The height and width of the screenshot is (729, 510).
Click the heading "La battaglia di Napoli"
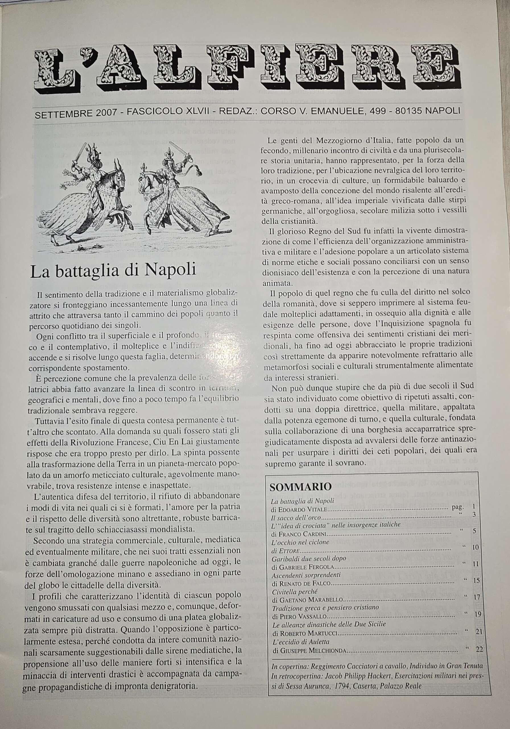(113, 272)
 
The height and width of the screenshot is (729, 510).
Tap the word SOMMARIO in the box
(296, 486)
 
